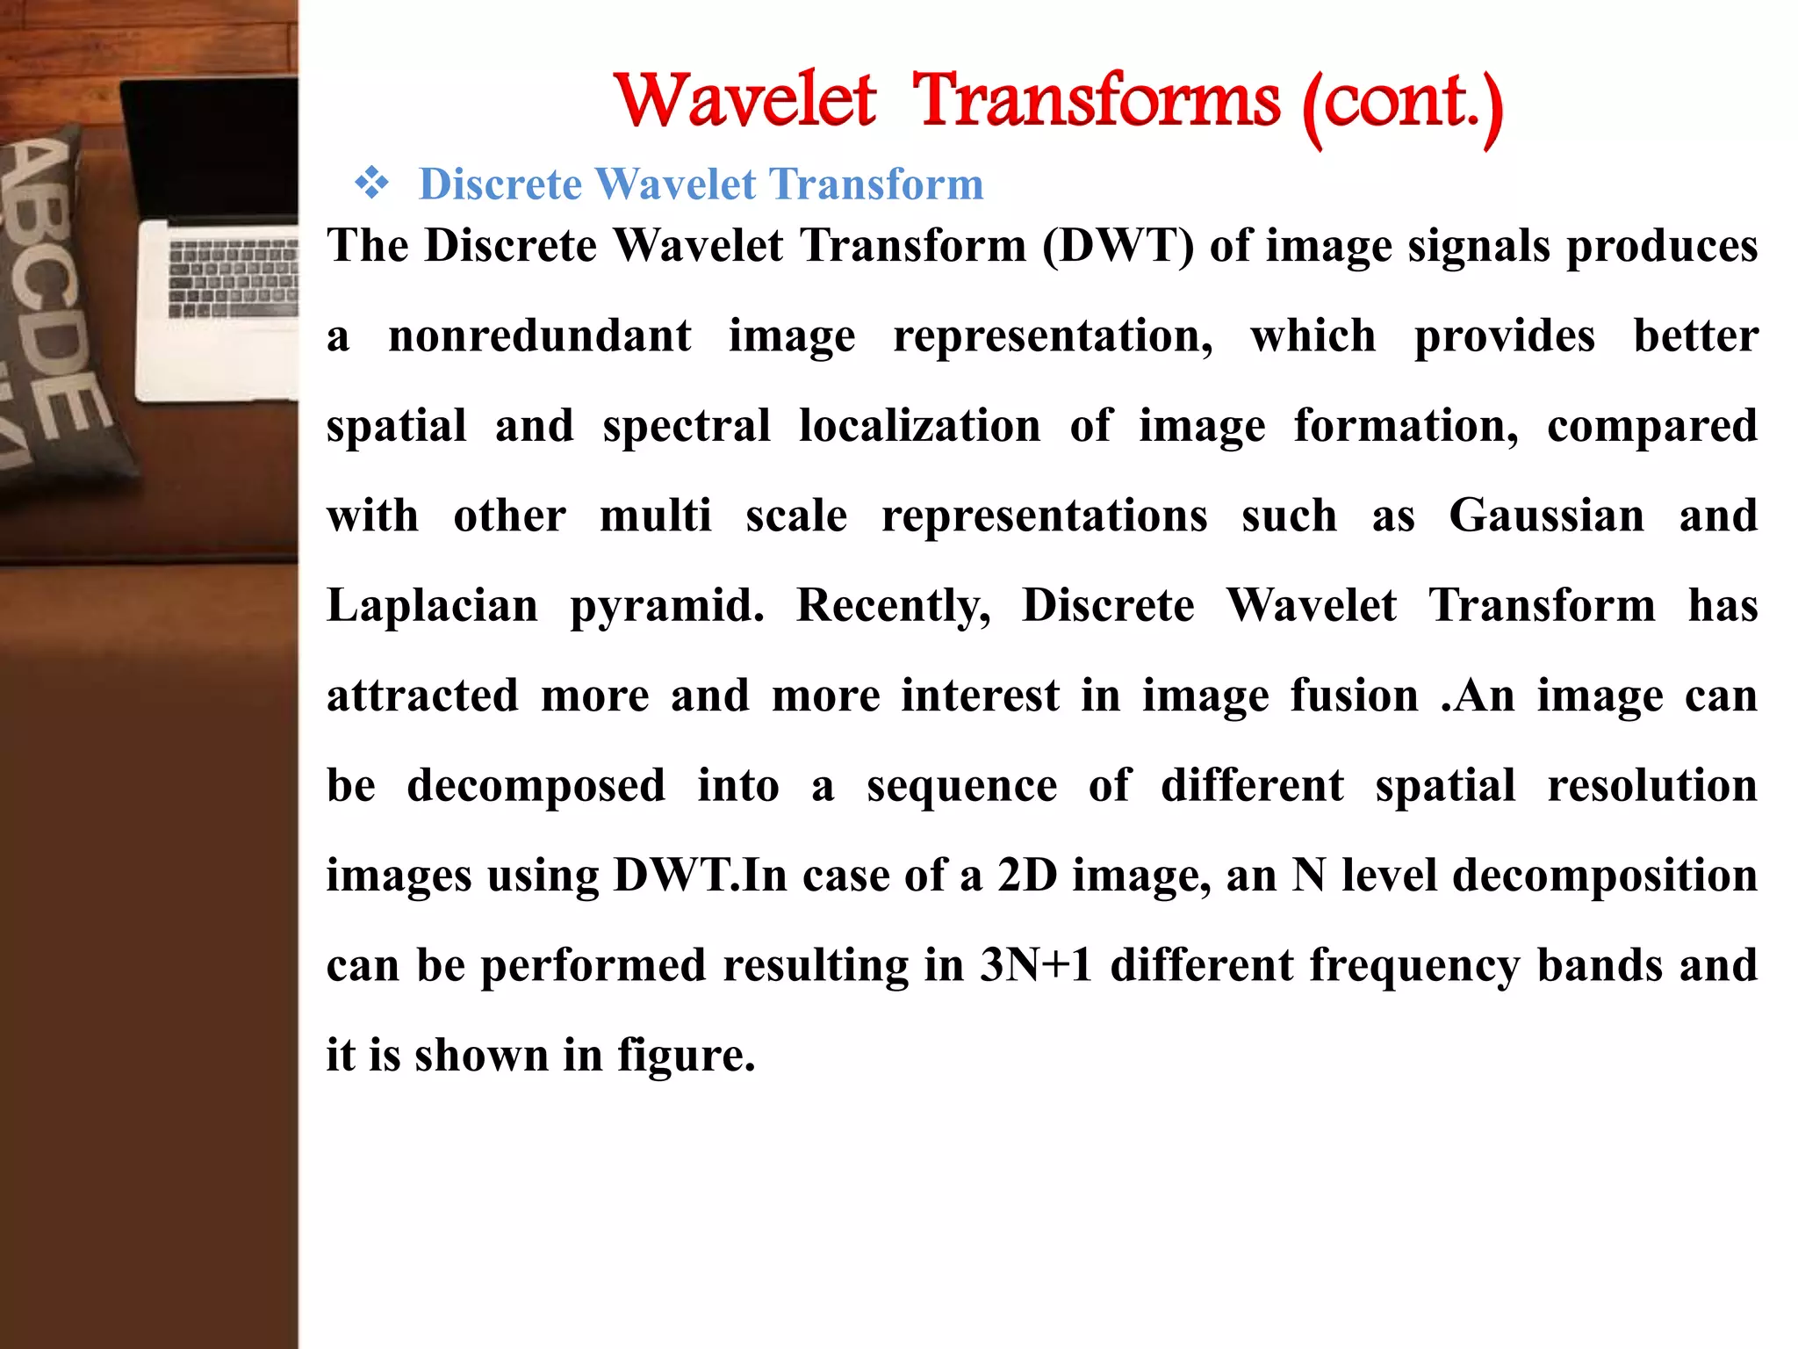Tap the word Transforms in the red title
(x=1096, y=100)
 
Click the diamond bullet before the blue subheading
(x=371, y=184)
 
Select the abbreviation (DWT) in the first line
(x=1118, y=245)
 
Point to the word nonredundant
(x=539, y=336)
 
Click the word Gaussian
(x=1546, y=516)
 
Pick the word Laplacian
(x=432, y=606)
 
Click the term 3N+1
(x=1036, y=965)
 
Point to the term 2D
(x=1027, y=876)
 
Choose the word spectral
(x=687, y=427)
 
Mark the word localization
(x=919, y=426)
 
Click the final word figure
(x=685, y=1057)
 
